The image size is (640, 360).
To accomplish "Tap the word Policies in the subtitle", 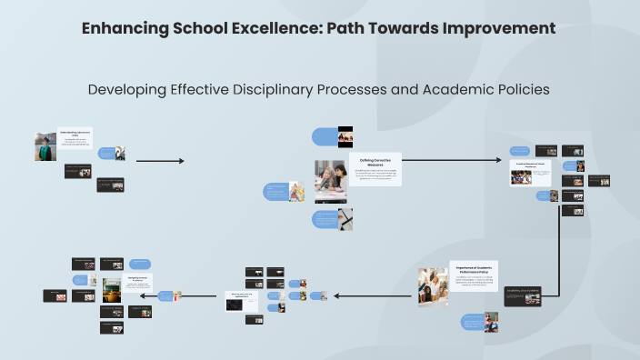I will tap(516, 90).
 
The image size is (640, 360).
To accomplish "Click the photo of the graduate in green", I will tap(45, 146).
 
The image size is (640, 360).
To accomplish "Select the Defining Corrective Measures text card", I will tap(375, 169).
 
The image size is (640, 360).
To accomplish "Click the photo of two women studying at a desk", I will tap(330, 182).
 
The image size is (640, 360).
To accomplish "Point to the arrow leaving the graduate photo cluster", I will tap(160, 161).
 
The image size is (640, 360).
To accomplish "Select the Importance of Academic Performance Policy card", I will tap(474, 276).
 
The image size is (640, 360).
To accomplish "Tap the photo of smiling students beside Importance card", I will tap(432, 286).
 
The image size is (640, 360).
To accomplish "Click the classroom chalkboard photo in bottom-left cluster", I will tap(112, 291).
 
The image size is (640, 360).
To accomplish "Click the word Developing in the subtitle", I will tap(127, 90).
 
